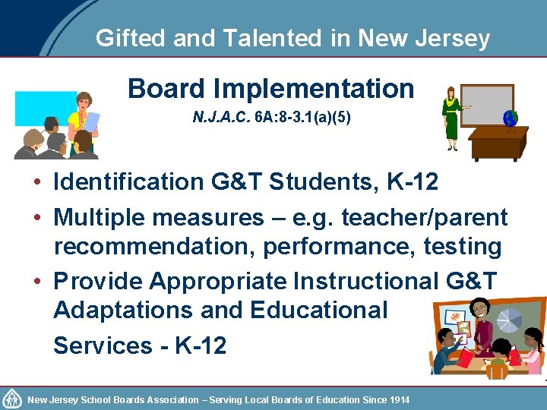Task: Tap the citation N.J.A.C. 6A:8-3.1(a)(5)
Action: (x=271, y=119)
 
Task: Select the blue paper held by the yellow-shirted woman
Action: (x=90, y=121)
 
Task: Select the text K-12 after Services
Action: (x=201, y=345)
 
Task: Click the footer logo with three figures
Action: (x=11, y=399)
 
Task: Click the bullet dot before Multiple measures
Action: (x=36, y=219)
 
